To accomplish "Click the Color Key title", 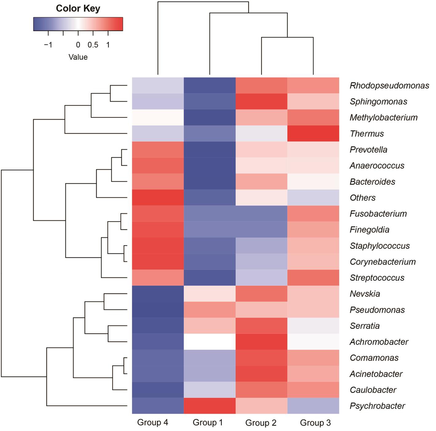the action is (78, 9).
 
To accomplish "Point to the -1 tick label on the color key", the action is (48, 45).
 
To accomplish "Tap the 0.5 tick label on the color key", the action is (93, 45).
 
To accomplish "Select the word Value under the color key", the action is (78, 57).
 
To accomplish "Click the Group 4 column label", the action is (153, 422).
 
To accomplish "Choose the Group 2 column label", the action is (261, 423).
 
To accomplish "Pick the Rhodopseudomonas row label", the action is (389, 85).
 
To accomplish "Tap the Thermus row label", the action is (367, 134).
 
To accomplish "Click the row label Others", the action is (363, 198).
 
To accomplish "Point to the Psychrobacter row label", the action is (377, 406).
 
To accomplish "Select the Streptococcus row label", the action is (377, 278).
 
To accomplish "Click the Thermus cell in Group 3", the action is (313, 133).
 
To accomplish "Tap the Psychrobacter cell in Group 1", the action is (209, 406).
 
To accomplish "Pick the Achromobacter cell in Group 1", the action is (209, 342).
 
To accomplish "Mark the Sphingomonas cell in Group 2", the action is (261, 102).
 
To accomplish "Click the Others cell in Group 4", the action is (158, 198).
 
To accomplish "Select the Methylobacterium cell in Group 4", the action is (158, 117).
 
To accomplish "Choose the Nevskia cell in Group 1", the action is (209, 293).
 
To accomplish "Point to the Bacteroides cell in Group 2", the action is (261, 181).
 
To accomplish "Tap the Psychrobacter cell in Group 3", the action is (313, 406).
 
